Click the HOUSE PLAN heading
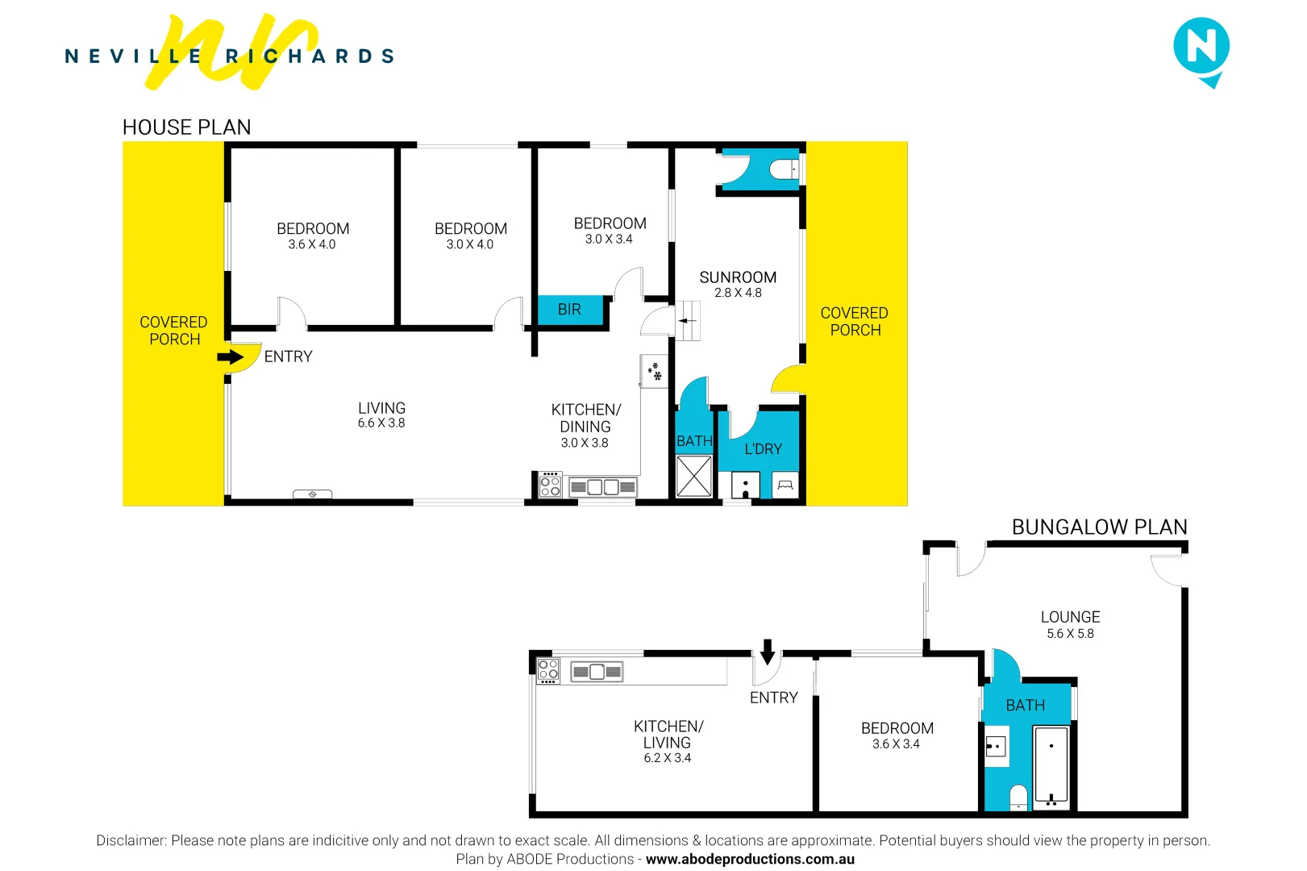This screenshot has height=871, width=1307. point(186,127)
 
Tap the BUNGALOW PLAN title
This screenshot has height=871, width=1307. point(1099,527)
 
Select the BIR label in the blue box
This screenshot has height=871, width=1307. point(569,310)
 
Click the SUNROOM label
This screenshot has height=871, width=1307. point(738,277)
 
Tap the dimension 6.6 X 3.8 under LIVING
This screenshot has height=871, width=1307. point(381,423)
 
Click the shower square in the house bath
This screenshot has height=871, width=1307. point(693,476)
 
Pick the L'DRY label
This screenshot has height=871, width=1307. point(763,449)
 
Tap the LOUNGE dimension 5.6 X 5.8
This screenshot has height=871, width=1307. point(1070,634)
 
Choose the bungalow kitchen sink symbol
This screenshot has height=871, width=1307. point(597,672)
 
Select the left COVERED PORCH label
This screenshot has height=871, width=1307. point(173,331)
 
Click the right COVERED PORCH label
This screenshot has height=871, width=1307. point(855,322)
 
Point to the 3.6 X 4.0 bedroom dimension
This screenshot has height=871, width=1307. point(312,244)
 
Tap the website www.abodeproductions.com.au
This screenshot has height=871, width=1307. point(750,860)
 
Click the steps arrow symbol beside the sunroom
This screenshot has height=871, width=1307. point(688,321)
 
